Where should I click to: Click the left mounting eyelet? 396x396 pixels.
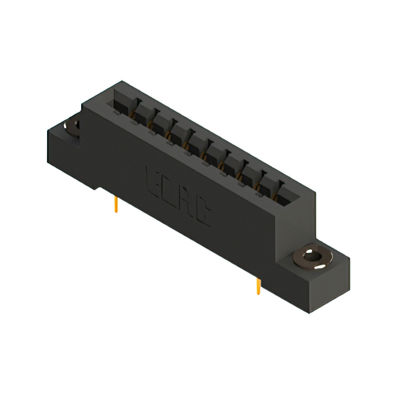71,126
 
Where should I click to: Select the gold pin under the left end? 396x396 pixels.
116,205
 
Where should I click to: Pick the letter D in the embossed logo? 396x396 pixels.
168,189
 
